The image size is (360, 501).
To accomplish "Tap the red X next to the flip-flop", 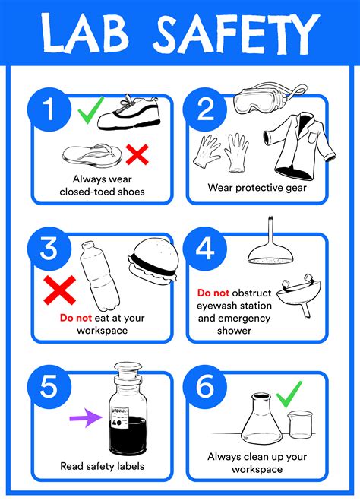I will pos(137,155).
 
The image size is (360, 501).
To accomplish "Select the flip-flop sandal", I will pos(90,155).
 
